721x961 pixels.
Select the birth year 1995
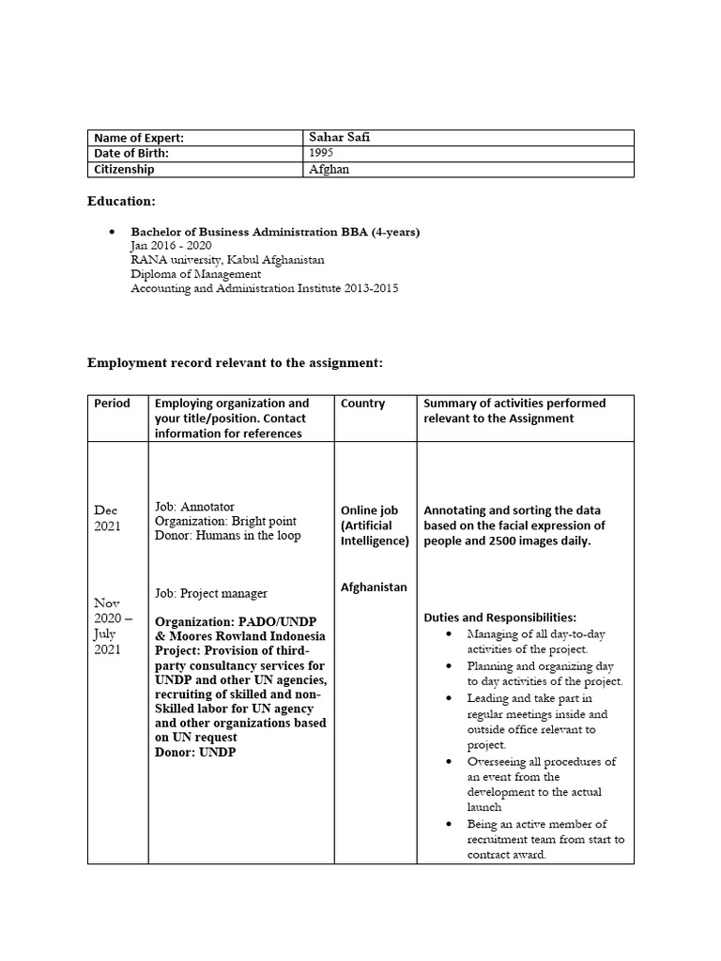click(322, 153)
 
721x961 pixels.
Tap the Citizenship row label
click(124, 170)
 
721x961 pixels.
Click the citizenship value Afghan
click(330, 170)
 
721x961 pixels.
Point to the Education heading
click(122, 201)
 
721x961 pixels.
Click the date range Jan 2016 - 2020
click(172, 245)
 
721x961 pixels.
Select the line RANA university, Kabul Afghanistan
click(228, 259)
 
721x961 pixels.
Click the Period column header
click(113, 404)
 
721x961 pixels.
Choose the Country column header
click(363, 404)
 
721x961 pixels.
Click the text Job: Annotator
click(194, 506)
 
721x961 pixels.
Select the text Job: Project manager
click(211, 593)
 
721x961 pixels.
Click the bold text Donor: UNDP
click(195, 753)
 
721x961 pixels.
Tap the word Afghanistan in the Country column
click(374, 587)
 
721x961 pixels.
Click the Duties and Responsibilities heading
click(499, 618)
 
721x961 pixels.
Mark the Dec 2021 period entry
click(108, 518)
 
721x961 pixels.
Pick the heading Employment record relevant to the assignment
click(236, 362)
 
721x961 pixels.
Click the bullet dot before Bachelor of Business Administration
click(112, 231)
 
